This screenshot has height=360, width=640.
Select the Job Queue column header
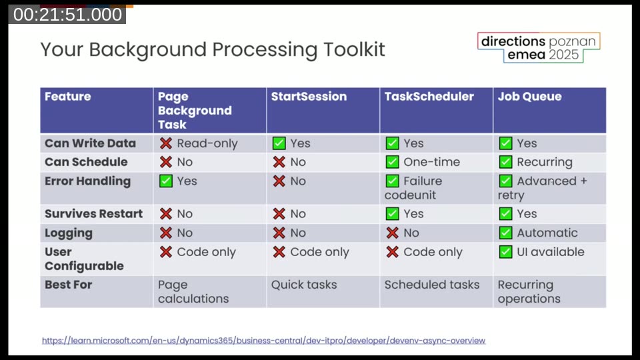pyautogui.click(x=529, y=97)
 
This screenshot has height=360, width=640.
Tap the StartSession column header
pyautogui.click(x=309, y=97)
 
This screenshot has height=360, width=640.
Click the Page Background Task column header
pyautogui.click(x=194, y=110)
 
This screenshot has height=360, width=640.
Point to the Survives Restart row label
pyautogui.click(x=93, y=214)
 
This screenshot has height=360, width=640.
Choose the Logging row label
pyautogui.click(x=69, y=233)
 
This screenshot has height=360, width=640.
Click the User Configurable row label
pyautogui.click(x=84, y=259)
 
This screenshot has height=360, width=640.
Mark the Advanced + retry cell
pyautogui.click(x=543, y=188)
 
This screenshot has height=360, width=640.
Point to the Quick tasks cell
pyautogui.click(x=304, y=285)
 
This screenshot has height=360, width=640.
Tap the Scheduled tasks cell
pyautogui.click(x=432, y=285)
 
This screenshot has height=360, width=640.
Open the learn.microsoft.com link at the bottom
pyautogui.click(x=263, y=341)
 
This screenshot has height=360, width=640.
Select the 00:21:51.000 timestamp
pyautogui.click(x=67, y=15)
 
